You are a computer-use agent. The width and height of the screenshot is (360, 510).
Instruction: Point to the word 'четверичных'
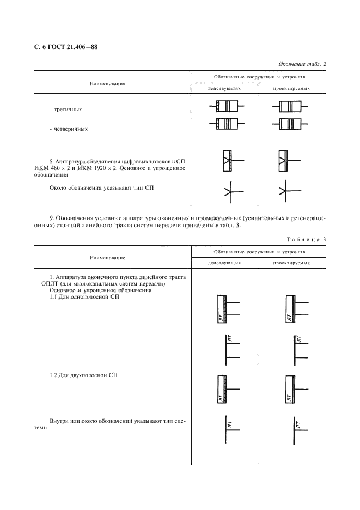(x=68, y=130)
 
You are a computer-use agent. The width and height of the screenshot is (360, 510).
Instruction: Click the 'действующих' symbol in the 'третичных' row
(x=225, y=105)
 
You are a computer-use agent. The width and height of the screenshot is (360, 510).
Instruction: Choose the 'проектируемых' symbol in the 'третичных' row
(x=291, y=105)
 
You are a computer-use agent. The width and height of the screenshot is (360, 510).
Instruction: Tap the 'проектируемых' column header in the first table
(x=291, y=88)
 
